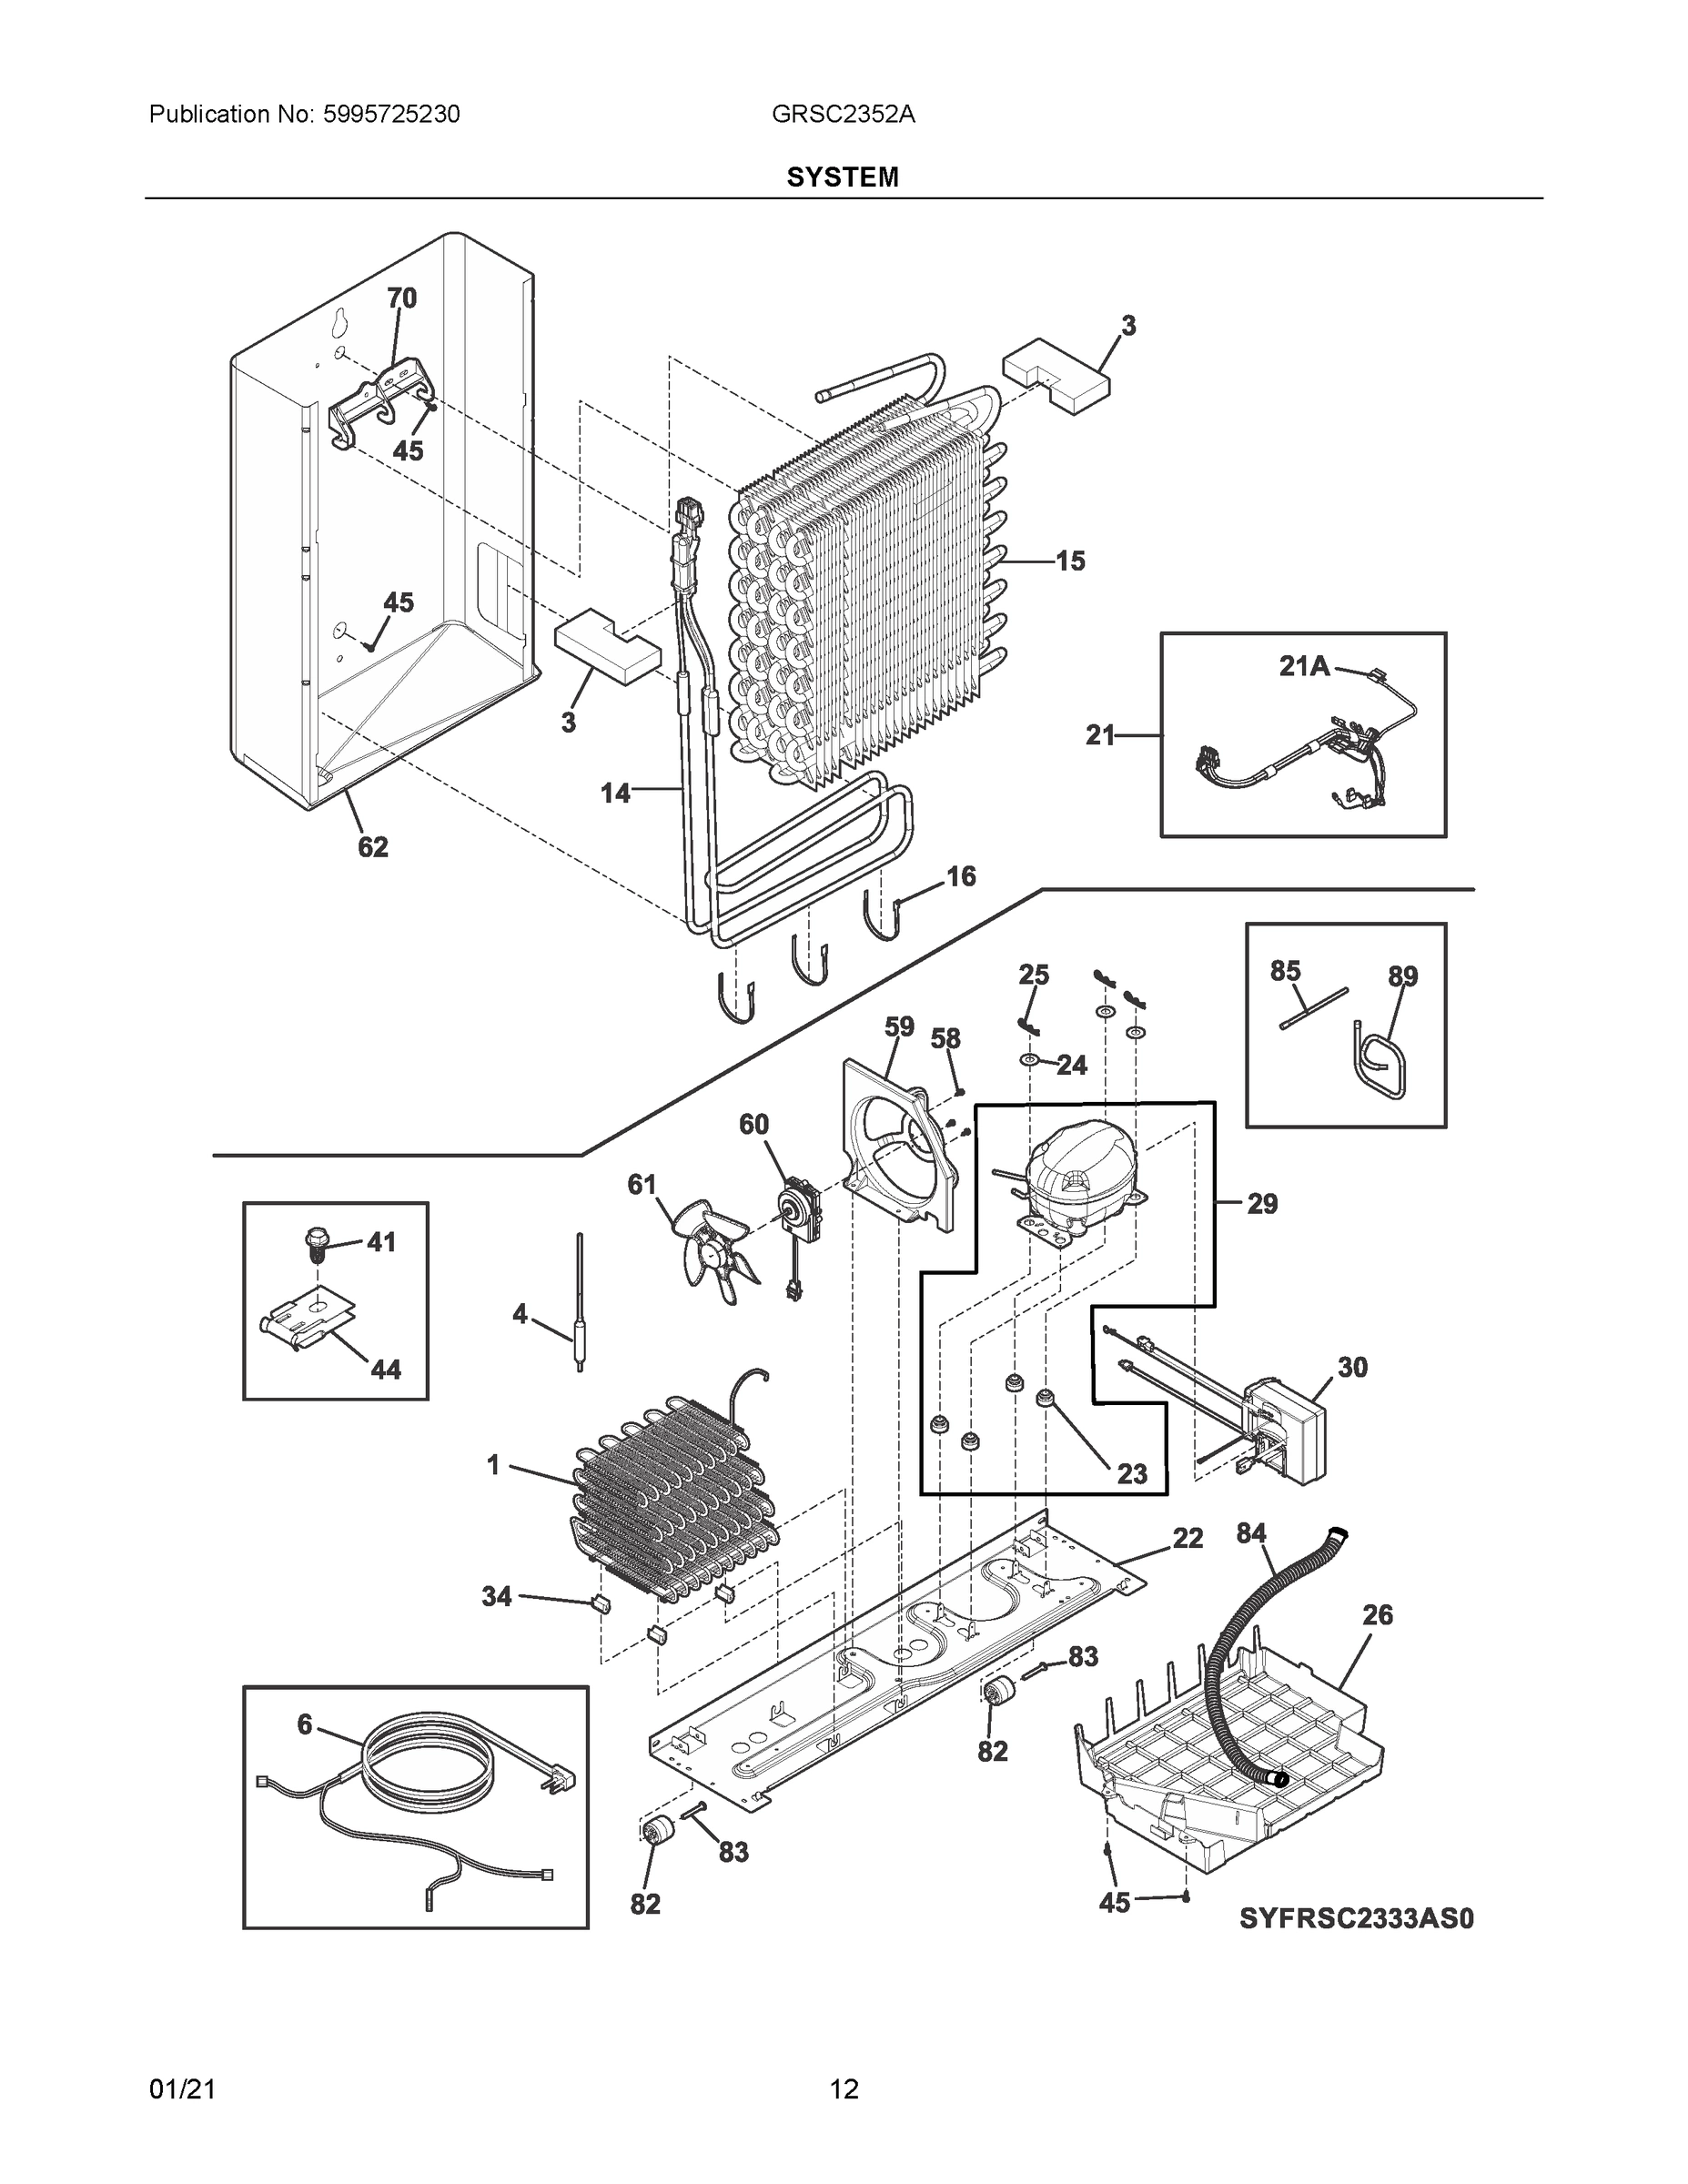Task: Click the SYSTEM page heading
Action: [842, 178]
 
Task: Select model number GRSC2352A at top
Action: [843, 115]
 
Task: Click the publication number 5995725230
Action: [391, 115]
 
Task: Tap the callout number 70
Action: [401, 298]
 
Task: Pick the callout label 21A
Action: [1304, 666]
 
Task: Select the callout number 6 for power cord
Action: [304, 1725]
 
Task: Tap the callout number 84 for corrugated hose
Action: [1251, 1533]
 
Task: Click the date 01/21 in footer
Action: [182, 2089]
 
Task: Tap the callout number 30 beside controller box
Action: [1352, 1367]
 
